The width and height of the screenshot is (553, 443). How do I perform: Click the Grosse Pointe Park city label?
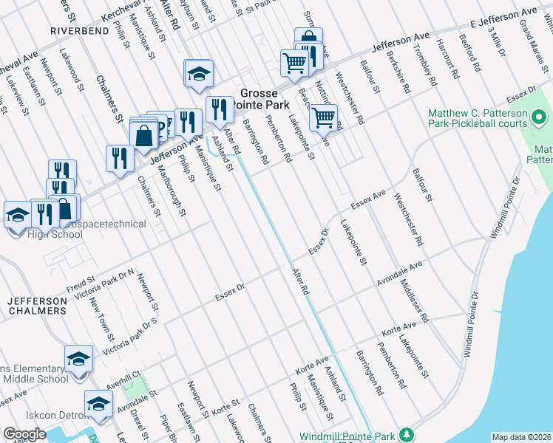tap(259, 100)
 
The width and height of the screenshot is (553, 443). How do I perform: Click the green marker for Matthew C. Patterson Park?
tap(540, 117)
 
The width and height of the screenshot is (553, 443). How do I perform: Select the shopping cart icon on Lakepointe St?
tap(323, 117)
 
